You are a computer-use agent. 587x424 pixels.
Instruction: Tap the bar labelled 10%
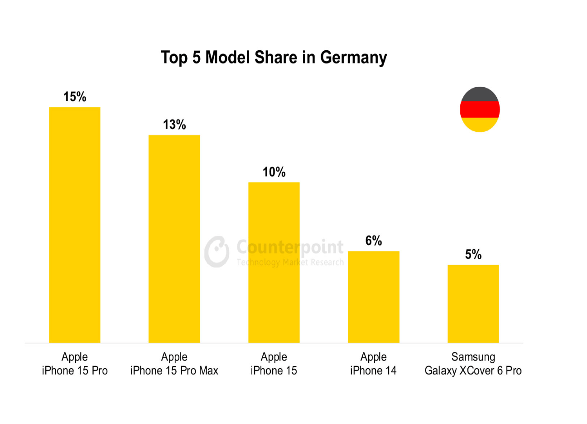point(274,262)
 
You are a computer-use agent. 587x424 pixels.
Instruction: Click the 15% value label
point(75,96)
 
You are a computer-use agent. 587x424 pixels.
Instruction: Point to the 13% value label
point(174,125)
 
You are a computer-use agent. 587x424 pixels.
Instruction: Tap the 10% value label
point(274,172)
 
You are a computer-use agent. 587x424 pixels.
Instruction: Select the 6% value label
point(374,241)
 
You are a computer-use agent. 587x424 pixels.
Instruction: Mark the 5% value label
point(473,255)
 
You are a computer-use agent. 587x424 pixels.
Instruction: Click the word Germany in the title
point(353,58)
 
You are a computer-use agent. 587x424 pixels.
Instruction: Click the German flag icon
point(480,110)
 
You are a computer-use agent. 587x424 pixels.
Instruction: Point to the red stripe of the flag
point(480,110)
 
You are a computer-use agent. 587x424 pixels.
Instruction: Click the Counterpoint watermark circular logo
point(217,251)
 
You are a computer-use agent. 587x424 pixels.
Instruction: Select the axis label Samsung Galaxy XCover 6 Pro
point(473,364)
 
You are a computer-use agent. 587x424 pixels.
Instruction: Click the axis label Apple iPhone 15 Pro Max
point(174,364)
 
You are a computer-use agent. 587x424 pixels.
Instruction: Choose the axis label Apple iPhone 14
point(374,364)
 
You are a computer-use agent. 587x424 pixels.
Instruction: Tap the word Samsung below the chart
point(473,357)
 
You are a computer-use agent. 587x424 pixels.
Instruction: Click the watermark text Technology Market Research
point(290,262)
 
